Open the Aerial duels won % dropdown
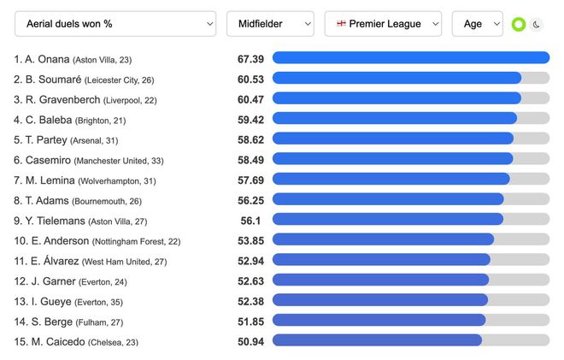point(115,24)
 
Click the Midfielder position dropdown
point(270,24)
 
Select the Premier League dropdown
point(383,24)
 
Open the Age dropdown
point(477,24)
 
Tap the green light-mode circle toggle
point(518,25)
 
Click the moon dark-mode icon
point(536,25)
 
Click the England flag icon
point(342,24)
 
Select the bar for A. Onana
point(410,58)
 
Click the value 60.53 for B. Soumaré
point(250,79)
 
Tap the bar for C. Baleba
point(394,119)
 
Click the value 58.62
point(250,139)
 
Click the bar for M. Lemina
point(391,180)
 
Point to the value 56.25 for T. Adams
point(250,200)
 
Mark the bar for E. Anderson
point(383,239)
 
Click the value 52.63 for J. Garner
point(250,280)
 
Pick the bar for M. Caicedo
point(377,340)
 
